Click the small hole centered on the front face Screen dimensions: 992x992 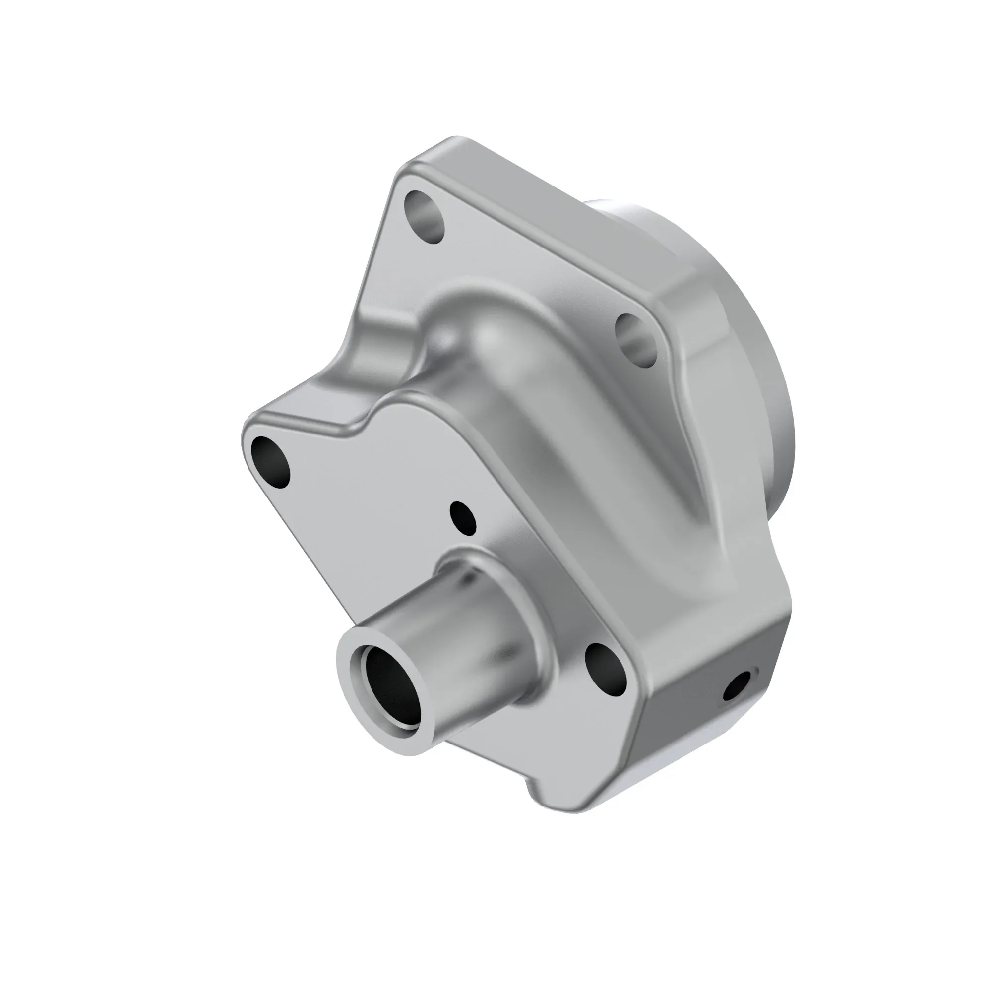(463, 517)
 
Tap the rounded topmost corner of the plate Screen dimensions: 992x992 (452, 144)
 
